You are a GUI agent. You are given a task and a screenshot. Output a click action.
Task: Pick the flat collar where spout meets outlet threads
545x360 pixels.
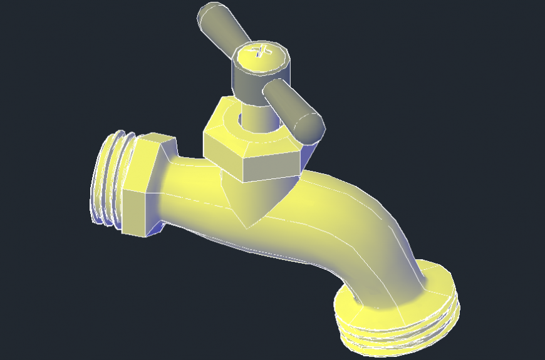401,307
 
